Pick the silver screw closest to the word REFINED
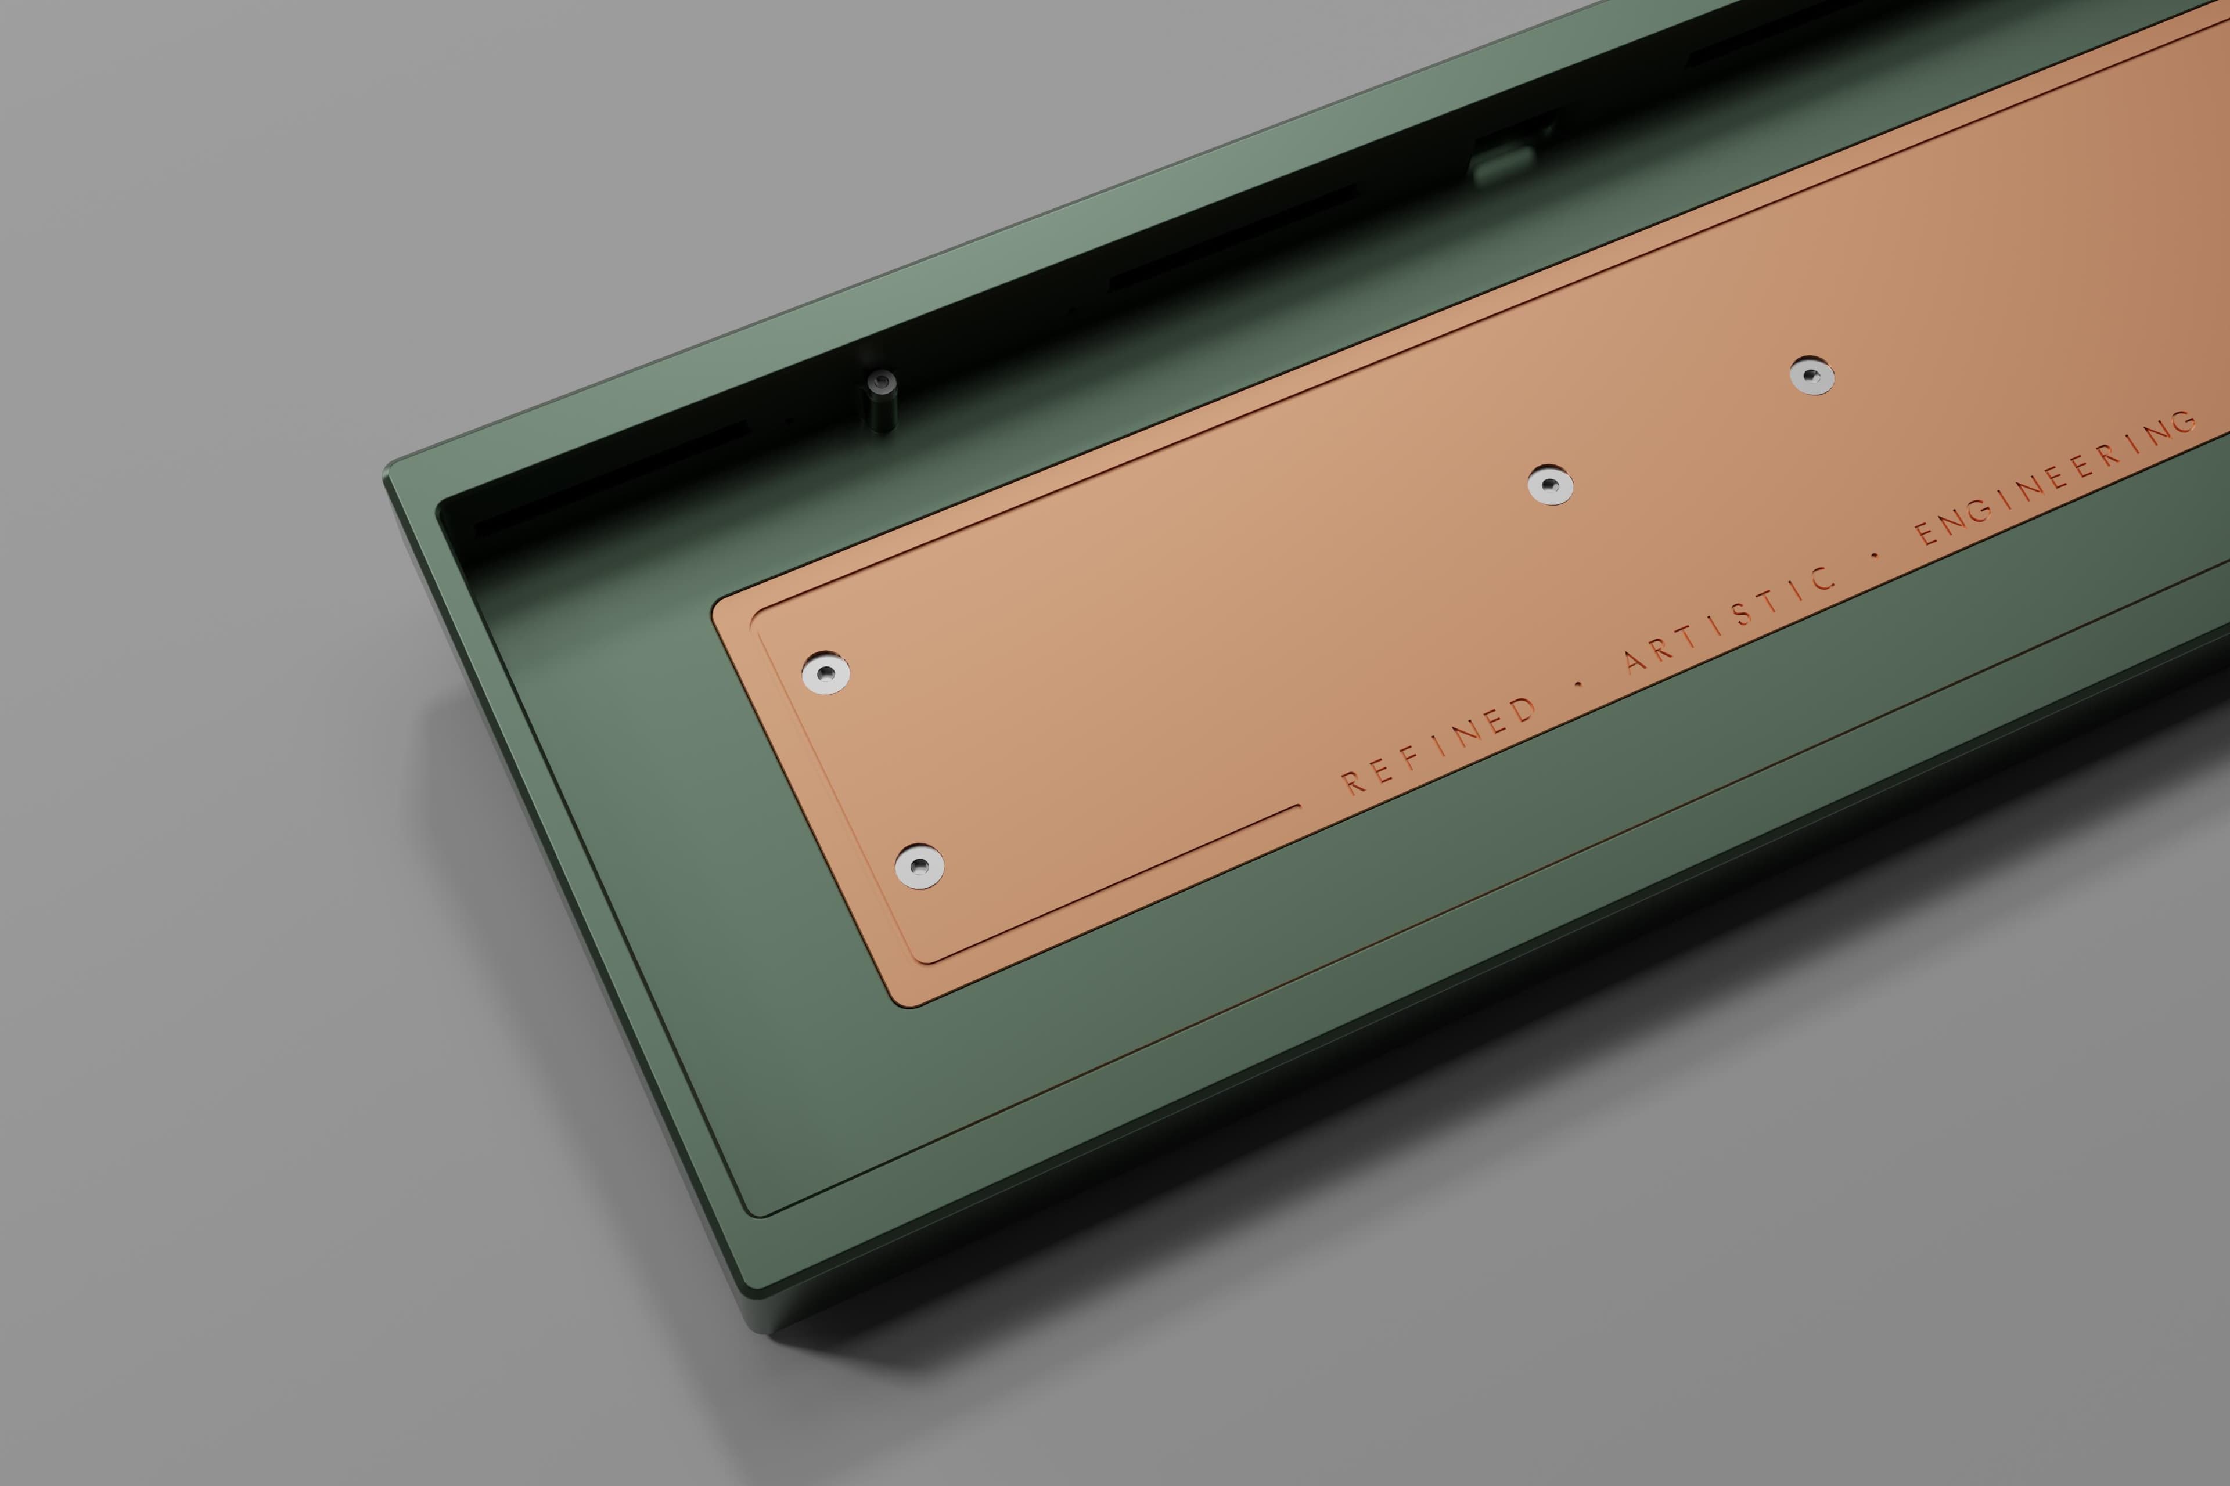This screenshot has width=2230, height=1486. pos(919,865)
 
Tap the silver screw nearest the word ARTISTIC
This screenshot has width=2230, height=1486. pos(1550,485)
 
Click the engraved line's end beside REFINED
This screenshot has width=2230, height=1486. pos(1297,807)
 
